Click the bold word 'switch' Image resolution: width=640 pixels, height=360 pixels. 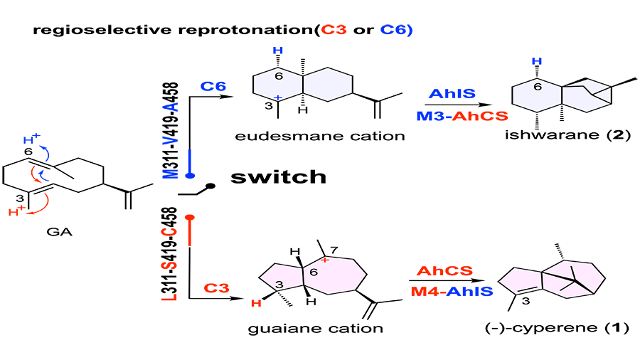click(x=278, y=176)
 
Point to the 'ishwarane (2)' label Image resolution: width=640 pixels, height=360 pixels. click(x=560, y=136)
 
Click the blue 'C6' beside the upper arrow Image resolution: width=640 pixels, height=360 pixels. click(x=213, y=87)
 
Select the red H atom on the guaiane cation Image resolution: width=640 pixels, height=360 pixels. click(x=260, y=305)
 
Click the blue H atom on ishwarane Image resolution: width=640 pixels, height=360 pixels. click(x=538, y=62)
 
